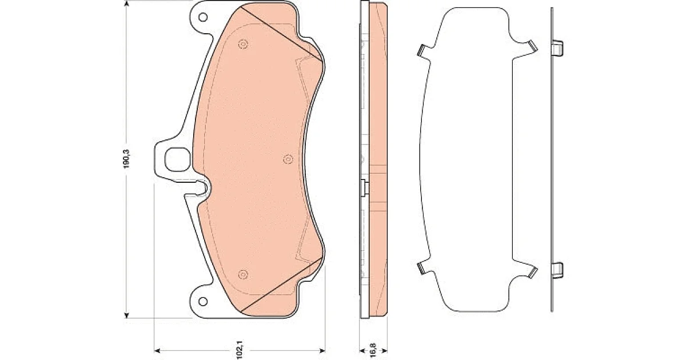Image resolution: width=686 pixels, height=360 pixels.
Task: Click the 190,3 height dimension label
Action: pos(126,158)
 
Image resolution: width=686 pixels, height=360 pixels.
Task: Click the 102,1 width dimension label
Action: pos(240,349)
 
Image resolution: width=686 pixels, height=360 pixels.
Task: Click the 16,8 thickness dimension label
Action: pos(373,350)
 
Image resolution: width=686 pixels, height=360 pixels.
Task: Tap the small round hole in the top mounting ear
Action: pos(203,17)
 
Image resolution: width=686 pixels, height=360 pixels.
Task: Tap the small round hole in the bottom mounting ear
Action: pos(203,301)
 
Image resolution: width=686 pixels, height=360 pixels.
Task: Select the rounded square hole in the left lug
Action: pos(177,159)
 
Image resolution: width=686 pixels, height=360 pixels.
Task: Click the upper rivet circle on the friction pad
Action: pos(243,45)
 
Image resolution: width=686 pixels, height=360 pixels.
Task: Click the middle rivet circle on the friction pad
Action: pos(288,159)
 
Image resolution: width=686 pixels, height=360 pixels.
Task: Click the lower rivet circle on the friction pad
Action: pos(243,274)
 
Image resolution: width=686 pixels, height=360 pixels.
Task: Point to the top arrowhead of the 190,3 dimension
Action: pos(126,3)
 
